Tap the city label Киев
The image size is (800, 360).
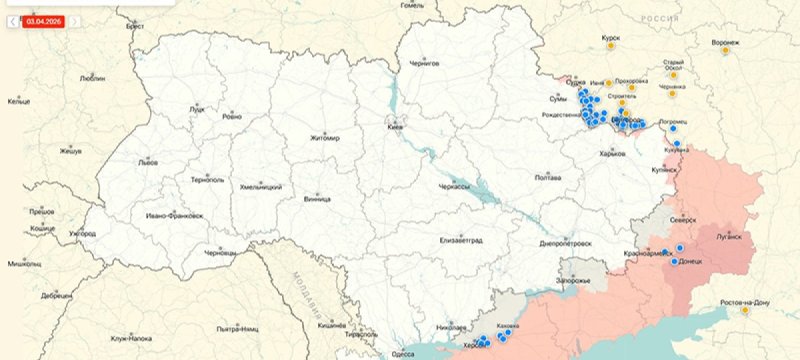tap(396, 128)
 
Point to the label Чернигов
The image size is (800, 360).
tap(424, 62)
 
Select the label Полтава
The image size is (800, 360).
tap(548, 177)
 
